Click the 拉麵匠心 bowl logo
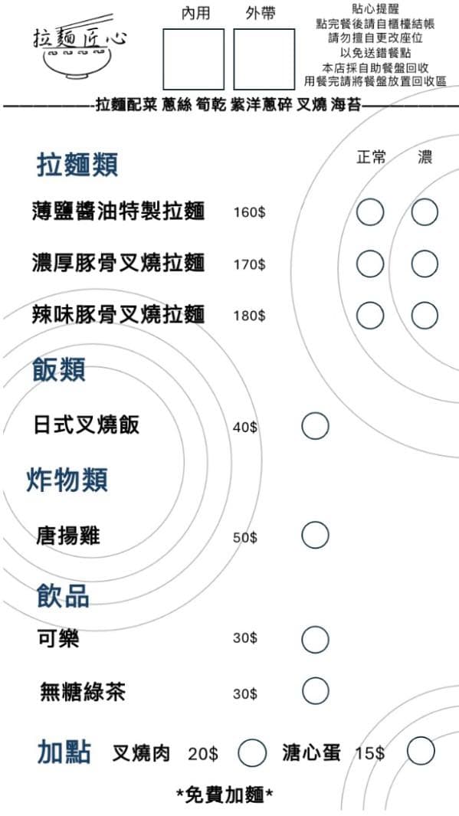(79, 48)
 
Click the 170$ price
(249, 265)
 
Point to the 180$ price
(249, 316)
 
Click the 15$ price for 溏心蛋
(370, 753)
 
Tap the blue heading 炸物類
(67, 480)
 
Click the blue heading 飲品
(63, 595)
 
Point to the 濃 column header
(425, 157)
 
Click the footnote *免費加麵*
(225, 795)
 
